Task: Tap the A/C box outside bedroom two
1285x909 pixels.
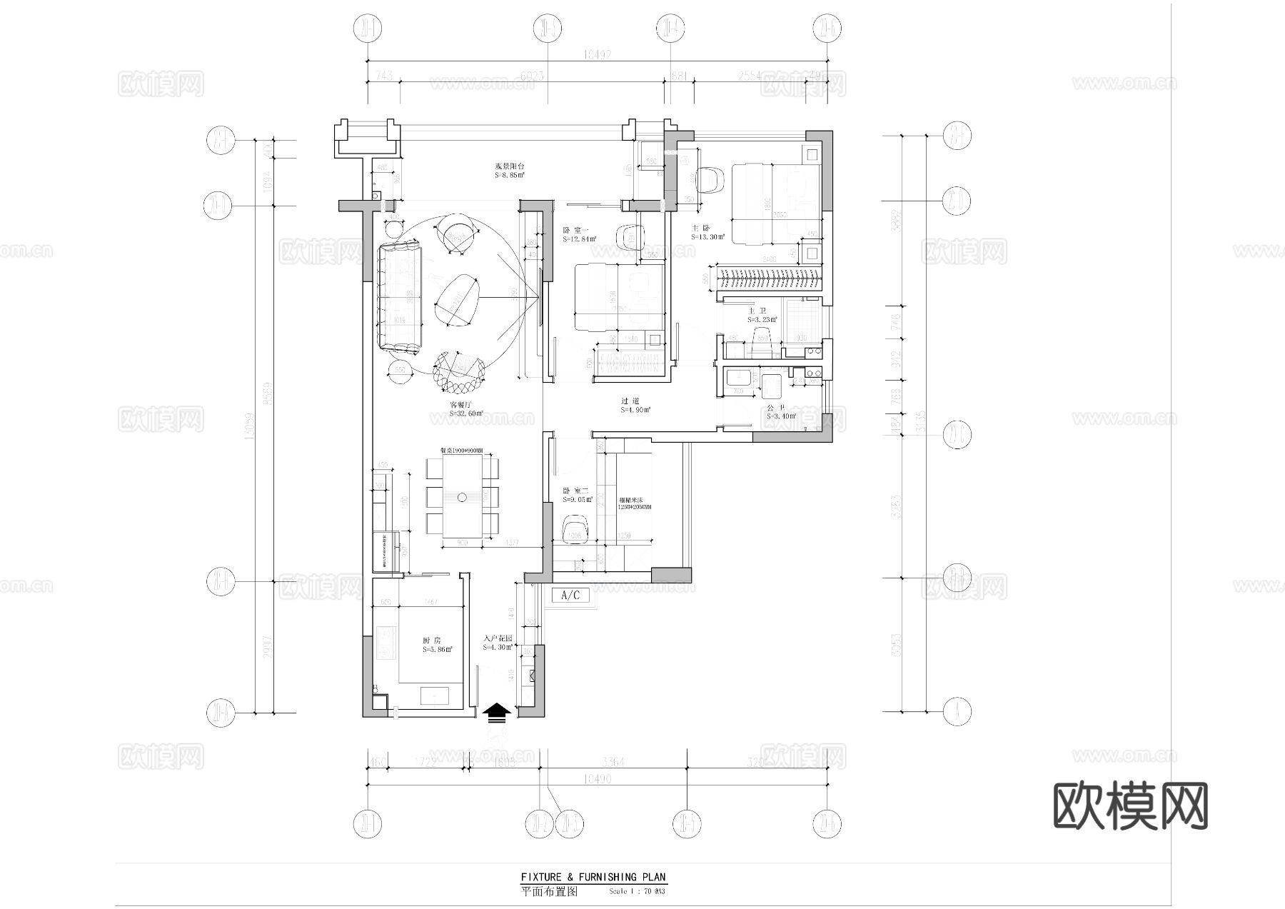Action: (x=570, y=596)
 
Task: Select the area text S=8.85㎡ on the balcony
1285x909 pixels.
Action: (x=510, y=175)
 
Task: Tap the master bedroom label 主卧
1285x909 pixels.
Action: (x=700, y=228)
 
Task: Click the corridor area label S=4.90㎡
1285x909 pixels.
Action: (x=635, y=410)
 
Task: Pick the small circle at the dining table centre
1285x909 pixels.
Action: (x=463, y=496)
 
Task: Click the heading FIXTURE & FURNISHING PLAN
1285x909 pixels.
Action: (x=593, y=877)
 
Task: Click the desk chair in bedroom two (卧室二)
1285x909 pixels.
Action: (x=575, y=529)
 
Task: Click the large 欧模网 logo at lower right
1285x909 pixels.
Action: (x=1130, y=805)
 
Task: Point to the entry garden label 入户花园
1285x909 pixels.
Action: (x=497, y=638)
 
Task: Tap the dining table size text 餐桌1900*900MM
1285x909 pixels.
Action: (x=461, y=451)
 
